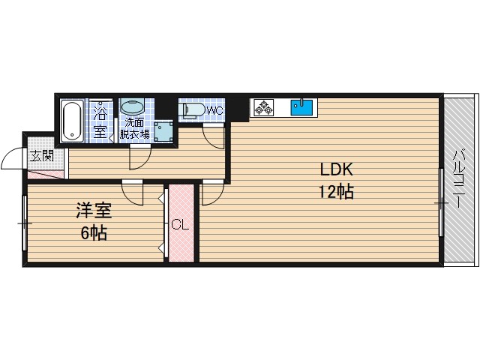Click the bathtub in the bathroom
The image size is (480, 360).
pos(72,121)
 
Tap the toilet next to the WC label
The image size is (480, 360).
pos(193,110)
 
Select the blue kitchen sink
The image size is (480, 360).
pos(301,107)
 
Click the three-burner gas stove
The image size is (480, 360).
pos(262,107)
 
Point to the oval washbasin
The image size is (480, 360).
pos(132,107)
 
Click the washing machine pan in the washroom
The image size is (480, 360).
pos(163,132)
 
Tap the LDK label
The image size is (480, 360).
pos(336,169)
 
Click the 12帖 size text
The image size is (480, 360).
pos(337,192)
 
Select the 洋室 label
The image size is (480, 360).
pos(94,211)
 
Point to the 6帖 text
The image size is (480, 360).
pos(94,233)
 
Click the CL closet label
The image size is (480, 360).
pos(181,225)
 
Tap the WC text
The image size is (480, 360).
pos(215,110)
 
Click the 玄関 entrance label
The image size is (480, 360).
pos(42,156)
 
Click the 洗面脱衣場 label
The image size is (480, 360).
pos(134,128)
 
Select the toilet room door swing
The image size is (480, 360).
pos(214,137)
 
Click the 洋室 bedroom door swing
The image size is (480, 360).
pos(132,193)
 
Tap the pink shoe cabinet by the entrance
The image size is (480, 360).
pos(46,175)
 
